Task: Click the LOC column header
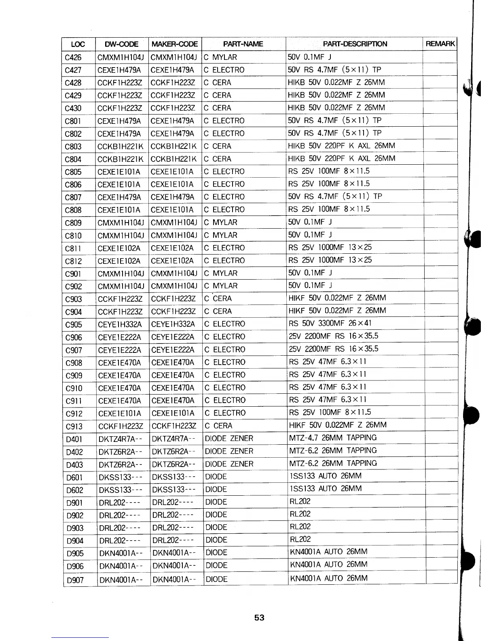(x=78, y=44)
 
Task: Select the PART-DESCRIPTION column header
(x=355, y=44)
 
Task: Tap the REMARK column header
(x=440, y=44)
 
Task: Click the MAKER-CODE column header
(x=174, y=44)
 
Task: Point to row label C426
(x=73, y=57)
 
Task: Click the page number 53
(x=259, y=618)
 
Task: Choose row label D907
(x=75, y=580)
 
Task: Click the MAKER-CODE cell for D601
(x=173, y=477)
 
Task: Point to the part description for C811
(x=330, y=247)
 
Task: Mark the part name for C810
(x=221, y=235)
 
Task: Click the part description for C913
(x=338, y=425)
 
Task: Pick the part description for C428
(x=336, y=83)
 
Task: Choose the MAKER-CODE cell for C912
(x=173, y=414)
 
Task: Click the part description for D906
(x=329, y=565)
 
